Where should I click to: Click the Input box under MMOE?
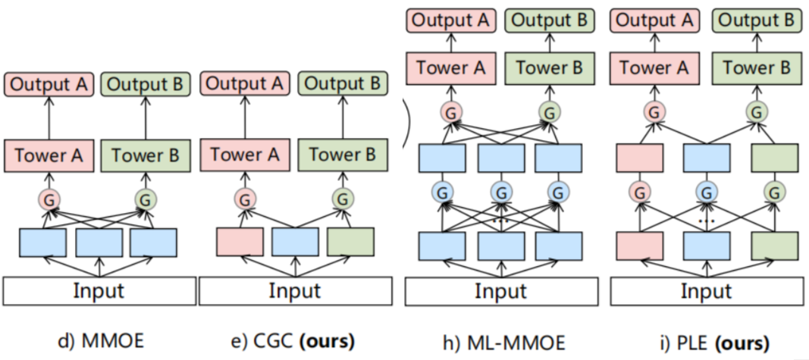[x=99, y=291]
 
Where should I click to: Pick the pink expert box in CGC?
[x=240, y=241]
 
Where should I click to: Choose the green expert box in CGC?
[x=350, y=241]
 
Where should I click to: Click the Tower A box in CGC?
[x=245, y=155]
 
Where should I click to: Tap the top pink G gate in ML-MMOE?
[x=450, y=113]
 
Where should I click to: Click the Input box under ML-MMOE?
[x=500, y=291]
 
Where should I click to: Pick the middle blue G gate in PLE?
[x=707, y=192]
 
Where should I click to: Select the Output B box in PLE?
[x=756, y=20]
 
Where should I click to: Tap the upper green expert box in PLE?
[x=774, y=157]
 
